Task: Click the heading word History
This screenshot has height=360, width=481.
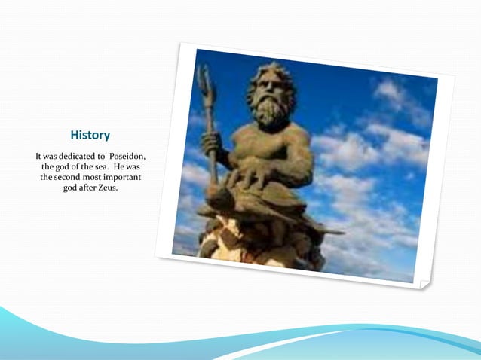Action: [90, 136]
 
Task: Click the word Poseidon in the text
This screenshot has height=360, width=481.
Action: [124, 156]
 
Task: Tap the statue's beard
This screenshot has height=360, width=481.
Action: [270, 113]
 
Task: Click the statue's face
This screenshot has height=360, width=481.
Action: [269, 94]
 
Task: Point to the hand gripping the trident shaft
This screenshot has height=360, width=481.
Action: [212, 142]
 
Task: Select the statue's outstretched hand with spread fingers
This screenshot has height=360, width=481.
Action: [245, 178]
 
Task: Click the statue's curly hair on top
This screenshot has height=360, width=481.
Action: [271, 74]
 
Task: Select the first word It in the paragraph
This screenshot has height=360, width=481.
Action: [39, 156]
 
